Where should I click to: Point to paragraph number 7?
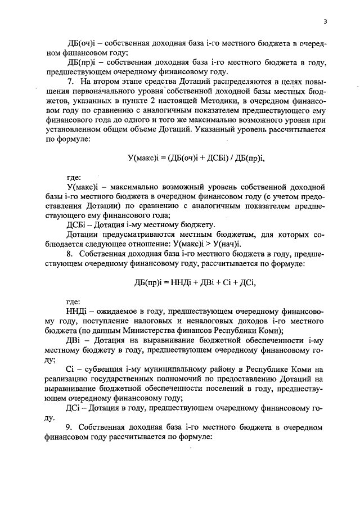click(70, 83)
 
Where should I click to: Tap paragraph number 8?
click(70, 254)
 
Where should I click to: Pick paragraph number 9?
click(70, 427)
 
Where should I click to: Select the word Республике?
click(272, 369)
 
